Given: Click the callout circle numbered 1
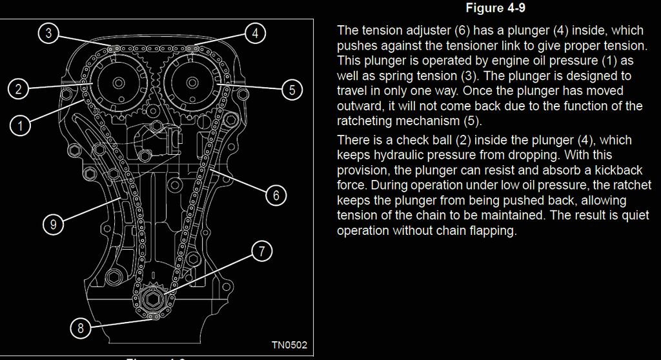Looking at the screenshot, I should tap(21, 126).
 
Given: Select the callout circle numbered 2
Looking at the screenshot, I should tap(19, 89).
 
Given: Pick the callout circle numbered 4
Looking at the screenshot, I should tap(256, 34).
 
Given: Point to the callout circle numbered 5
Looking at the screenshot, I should tap(292, 90).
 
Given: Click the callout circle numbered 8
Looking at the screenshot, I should tap(81, 328).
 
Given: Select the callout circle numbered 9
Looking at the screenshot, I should tap(53, 225).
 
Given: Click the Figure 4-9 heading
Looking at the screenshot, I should tap(494, 8).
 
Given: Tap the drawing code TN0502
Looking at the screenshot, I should tap(289, 345).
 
